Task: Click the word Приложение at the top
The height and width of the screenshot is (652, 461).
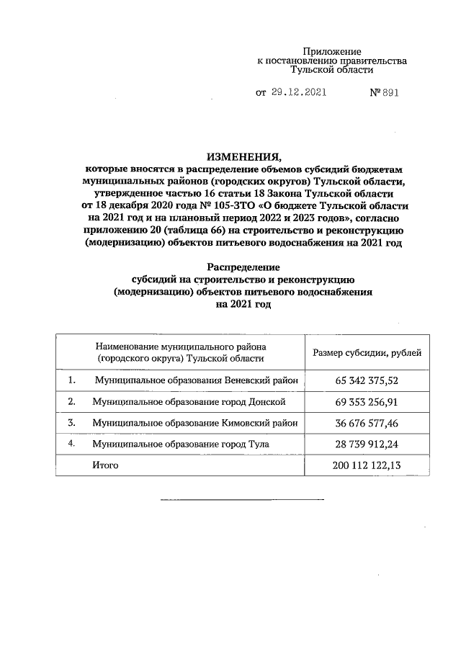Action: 331,52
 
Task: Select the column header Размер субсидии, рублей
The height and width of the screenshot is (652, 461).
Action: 367,352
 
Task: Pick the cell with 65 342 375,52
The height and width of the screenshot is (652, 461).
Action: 367,380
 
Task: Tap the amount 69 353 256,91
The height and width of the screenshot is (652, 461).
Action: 367,401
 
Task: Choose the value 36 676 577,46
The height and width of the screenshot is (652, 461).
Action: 367,423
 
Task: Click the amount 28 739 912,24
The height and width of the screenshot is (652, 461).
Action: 367,445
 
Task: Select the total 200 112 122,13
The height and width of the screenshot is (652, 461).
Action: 367,466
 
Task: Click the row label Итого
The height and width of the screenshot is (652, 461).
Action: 105,466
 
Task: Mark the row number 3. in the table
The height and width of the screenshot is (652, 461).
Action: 72,423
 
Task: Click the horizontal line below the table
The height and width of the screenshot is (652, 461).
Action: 241,499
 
